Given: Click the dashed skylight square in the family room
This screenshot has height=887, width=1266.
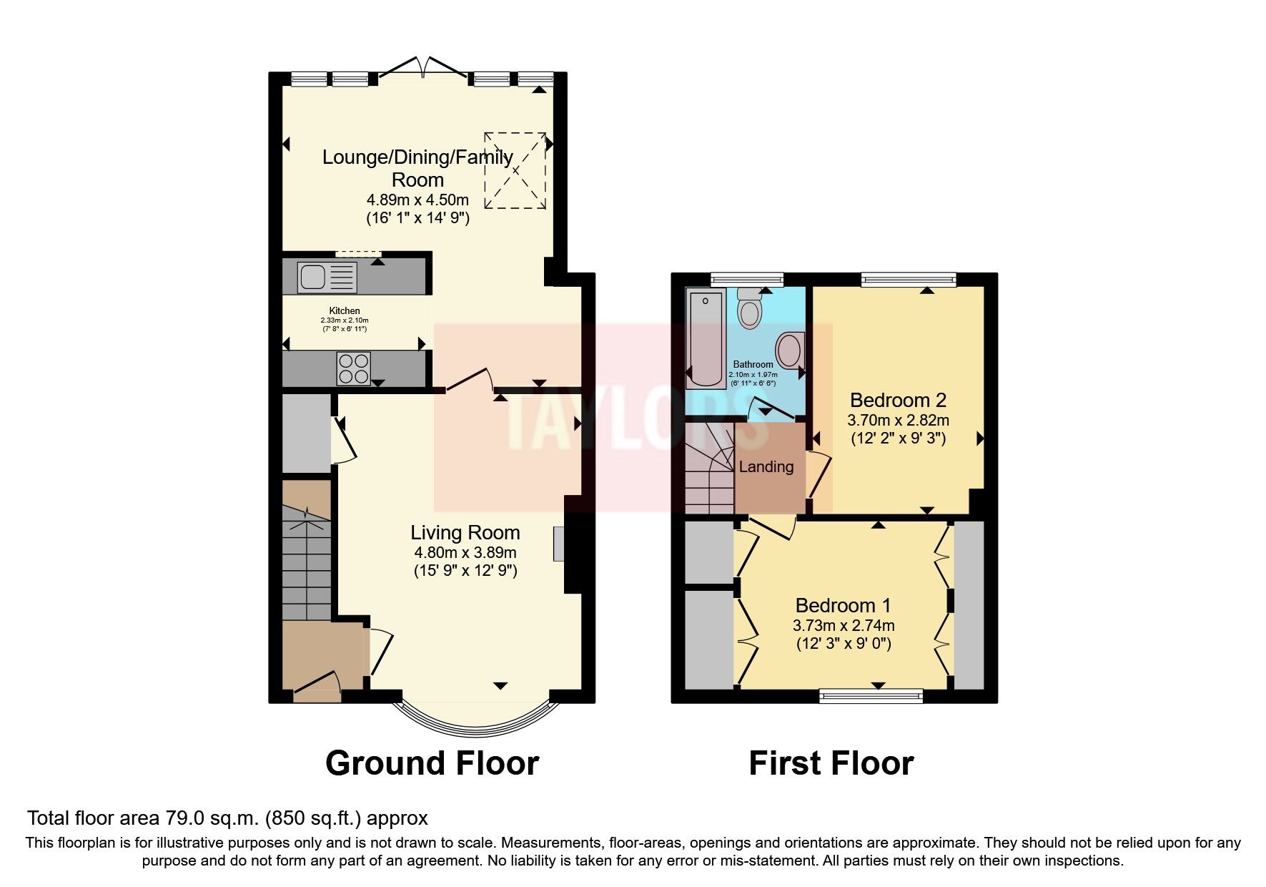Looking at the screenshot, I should click(x=515, y=170).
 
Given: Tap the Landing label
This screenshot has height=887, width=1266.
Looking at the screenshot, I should click(x=766, y=467).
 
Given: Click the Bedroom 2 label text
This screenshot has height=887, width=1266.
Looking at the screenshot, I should click(x=898, y=401).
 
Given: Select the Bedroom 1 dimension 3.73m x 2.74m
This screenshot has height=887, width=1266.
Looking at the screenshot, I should click(x=844, y=625).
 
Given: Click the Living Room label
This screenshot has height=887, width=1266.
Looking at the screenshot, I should click(x=465, y=533).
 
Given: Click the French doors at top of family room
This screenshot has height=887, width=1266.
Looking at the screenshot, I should click(x=425, y=68).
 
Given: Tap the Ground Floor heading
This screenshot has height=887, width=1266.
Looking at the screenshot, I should click(x=432, y=763).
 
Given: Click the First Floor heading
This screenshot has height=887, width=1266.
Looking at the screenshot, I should click(x=831, y=763).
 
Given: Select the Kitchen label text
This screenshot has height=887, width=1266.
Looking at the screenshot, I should click(x=344, y=310).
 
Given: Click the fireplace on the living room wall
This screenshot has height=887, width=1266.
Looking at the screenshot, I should click(x=558, y=544).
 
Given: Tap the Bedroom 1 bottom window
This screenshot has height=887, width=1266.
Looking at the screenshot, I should click(x=871, y=695).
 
